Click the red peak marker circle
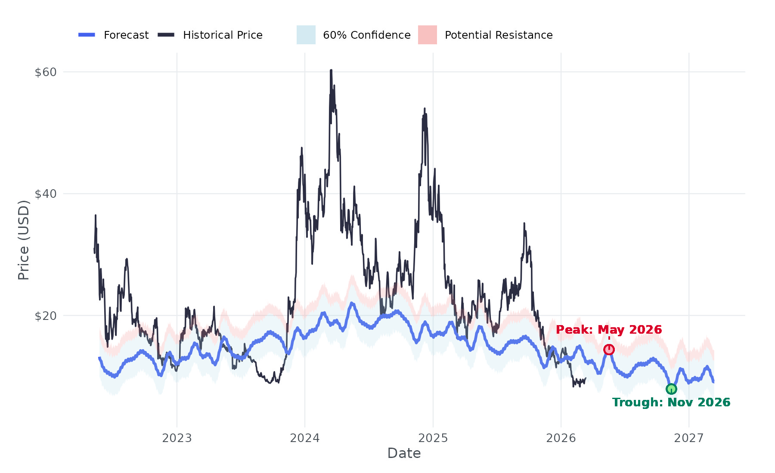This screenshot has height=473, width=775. click(x=609, y=350)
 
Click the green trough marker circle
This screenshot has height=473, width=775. click(x=671, y=389)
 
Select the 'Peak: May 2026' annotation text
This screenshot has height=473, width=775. click(x=609, y=330)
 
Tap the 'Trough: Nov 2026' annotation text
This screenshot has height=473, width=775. click(x=671, y=402)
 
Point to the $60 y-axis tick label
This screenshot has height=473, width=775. click(x=46, y=72)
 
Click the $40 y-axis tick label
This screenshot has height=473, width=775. click(x=46, y=194)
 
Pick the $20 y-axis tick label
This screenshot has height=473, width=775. click(x=46, y=316)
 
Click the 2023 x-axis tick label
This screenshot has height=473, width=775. click(x=177, y=438)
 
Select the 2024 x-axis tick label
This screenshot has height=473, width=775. click(x=305, y=438)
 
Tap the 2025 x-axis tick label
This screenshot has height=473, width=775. click(x=433, y=438)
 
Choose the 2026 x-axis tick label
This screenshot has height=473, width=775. click(x=561, y=438)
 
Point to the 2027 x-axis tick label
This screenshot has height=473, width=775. click(x=689, y=438)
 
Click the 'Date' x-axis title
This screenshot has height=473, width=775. click(x=404, y=453)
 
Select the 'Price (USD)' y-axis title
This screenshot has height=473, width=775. click(x=24, y=240)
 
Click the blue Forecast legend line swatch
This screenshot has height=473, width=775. click(x=87, y=35)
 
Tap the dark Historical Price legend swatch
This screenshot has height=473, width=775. click(x=166, y=35)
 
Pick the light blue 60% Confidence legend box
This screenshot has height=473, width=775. click(x=306, y=35)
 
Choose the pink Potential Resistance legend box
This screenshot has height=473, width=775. click(x=428, y=35)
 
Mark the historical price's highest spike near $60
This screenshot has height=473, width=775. click(x=331, y=70)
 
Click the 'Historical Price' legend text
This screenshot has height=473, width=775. click(x=223, y=35)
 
